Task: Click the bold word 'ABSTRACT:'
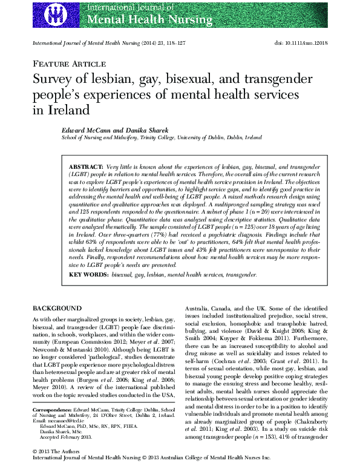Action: tap(86, 166)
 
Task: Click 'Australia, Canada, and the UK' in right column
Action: tap(223, 319)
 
